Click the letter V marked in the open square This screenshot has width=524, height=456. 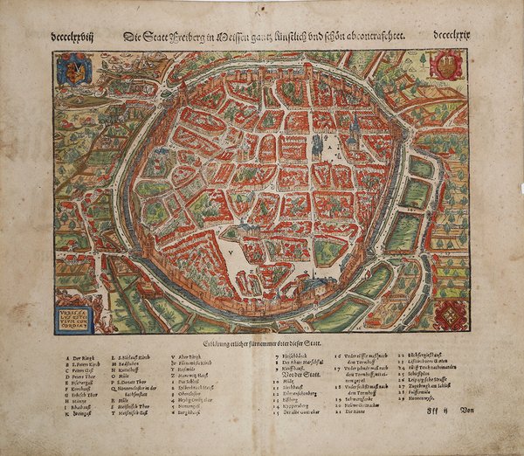tap(230, 248)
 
